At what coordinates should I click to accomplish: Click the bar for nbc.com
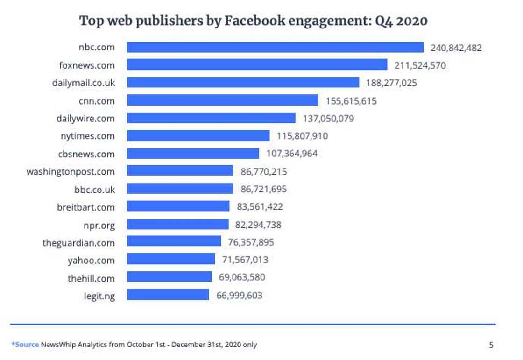tap(275, 47)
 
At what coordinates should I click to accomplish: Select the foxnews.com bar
tap(257, 65)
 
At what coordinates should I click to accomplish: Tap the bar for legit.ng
tap(168, 295)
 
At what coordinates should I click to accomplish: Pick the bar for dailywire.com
tap(211, 118)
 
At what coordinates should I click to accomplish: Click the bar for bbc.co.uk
tap(180, 189)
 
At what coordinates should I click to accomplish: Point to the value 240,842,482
tap(456, 48)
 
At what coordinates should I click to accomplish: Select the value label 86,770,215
tap(264, 171)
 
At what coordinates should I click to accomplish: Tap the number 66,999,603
tap(239, 295)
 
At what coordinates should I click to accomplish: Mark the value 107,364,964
tap(292, 153)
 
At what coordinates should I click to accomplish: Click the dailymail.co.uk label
tap(84, 83)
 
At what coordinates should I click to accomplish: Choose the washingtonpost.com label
tap(71, 171)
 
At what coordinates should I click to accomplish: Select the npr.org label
tap(99, 225)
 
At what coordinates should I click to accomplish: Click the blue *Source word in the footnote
tap(25, 345)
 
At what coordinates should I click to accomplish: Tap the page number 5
tap(491, 345)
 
